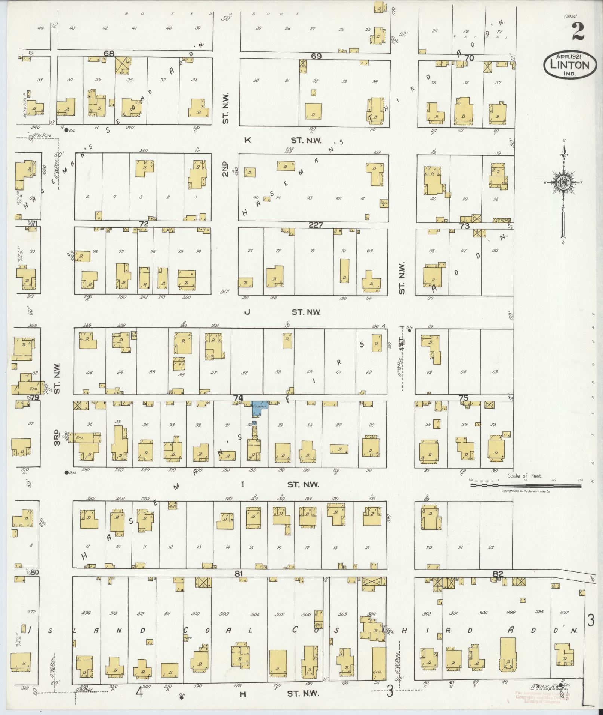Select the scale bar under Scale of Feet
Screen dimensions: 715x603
point(525,485)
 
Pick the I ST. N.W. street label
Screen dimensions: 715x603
point(280,485)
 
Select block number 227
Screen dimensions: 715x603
point(316,225)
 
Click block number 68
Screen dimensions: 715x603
point(109,54)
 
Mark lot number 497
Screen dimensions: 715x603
point(564,612)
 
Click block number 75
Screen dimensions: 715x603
point(463,398)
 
